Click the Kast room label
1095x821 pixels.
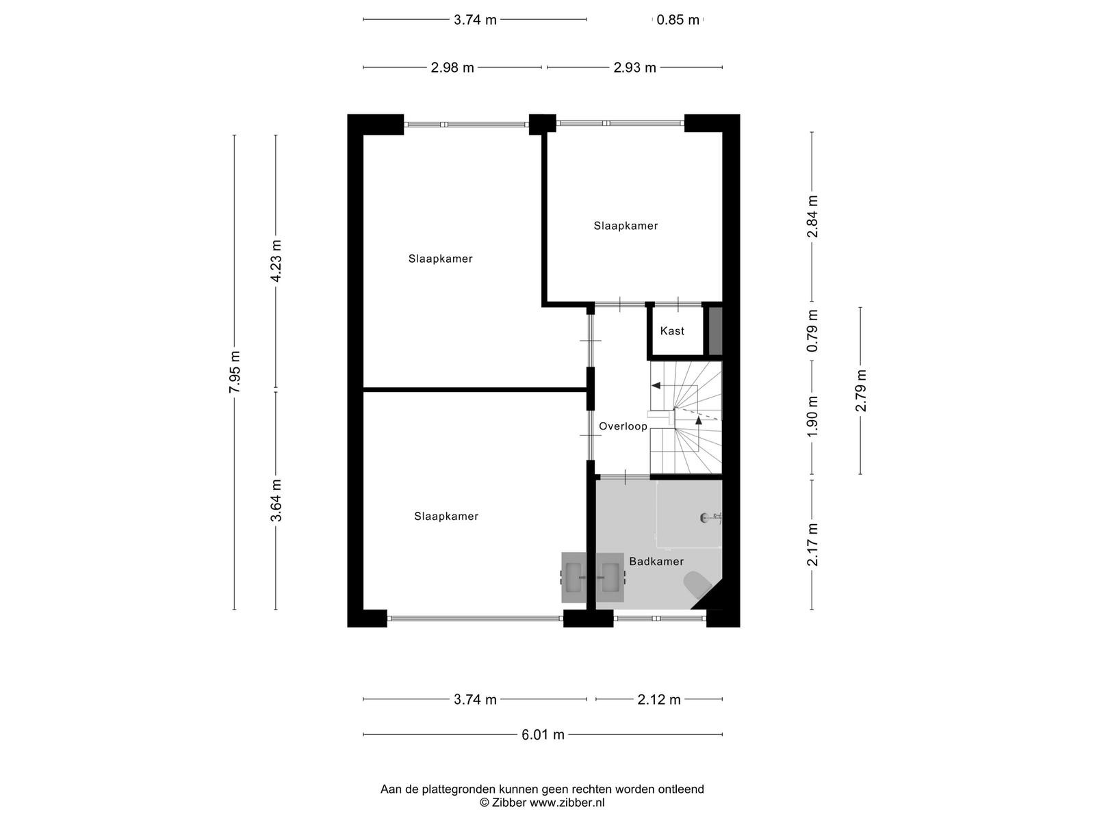pyautogui.click(x=671, y=331)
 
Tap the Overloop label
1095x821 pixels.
pyautogui.click(x=623, y=426)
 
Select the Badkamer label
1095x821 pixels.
pyautogui.click(x=656, y=561)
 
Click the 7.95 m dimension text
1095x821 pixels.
pyautogui.click(x=235, y=372)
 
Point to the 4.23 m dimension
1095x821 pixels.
pyautogui.click(x=276, y=261)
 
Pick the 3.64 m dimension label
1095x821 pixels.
pyautogui.click(x=276, y=500)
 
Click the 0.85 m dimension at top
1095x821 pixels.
pyautogui.click(x=678, y=20)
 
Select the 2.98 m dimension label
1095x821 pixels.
pyautogui.click(x=452, y=68)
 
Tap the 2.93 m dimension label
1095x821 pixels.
pyautogui.click(x=634, y=68)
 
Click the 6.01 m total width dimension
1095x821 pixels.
pyautogui.click(x=543, y=735)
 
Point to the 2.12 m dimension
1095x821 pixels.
pyautogui.click(x=658, y=700)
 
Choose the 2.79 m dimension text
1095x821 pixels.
pyautogui.click(x=860, y=390)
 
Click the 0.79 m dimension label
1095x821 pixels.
pyautogui.click(x=812, y=330)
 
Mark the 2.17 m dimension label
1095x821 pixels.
pyautogui.click(x=812, y=545)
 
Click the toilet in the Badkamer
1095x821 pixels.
pyautogui.click(x=697, y=584)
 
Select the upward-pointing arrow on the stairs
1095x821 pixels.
pyautogui.click(x=699, y=420)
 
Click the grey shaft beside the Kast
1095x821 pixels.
pyautogui.click(x=715, y=331)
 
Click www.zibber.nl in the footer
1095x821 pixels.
pyautogui.click(x=567, y=803)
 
